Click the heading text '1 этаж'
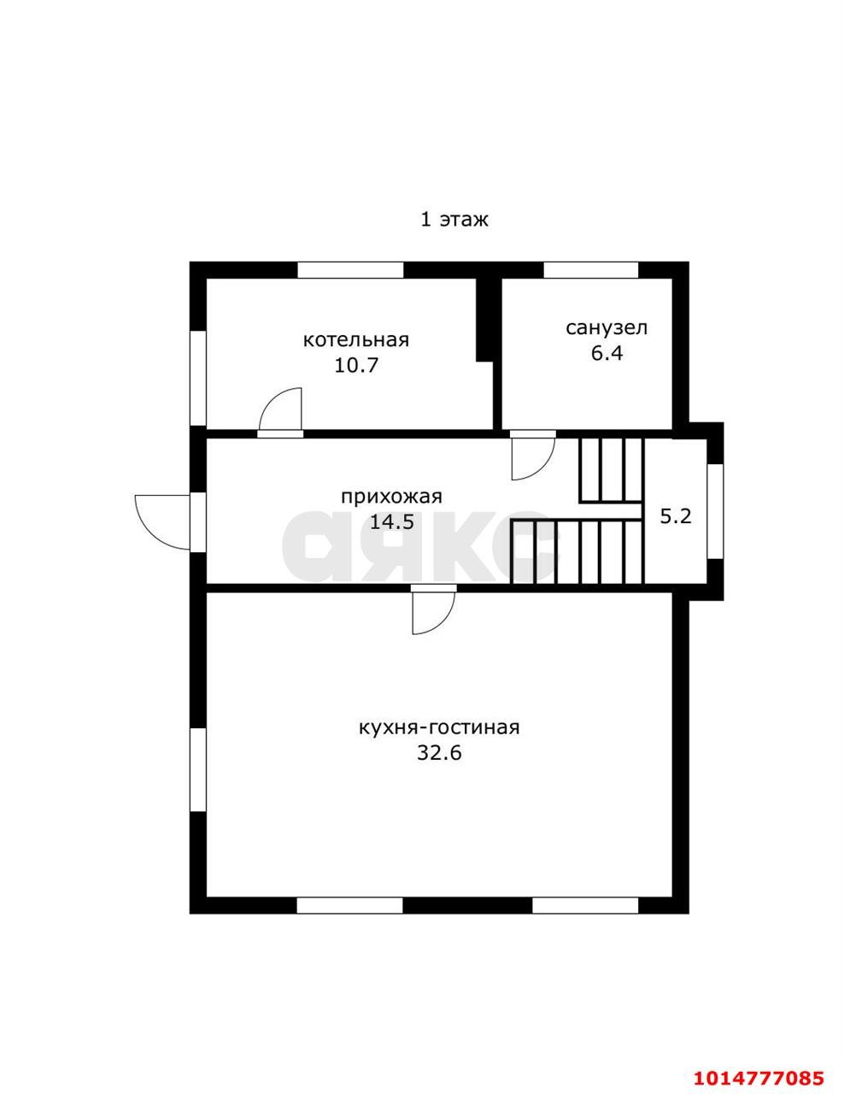coord(454,220)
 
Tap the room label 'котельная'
coord(355,340)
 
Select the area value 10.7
coord(355,365)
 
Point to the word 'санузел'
coord(607,328)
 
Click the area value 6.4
coord(607,353)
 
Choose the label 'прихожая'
coord(392,497)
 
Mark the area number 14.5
coord(392,522)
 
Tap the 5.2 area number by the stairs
coord(676,516)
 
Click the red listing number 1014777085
coord(759,1073)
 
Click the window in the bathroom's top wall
coord(590,270)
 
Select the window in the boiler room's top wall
coord(350,270)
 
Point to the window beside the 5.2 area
coord(715,511)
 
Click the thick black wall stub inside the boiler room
coord(485,319)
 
